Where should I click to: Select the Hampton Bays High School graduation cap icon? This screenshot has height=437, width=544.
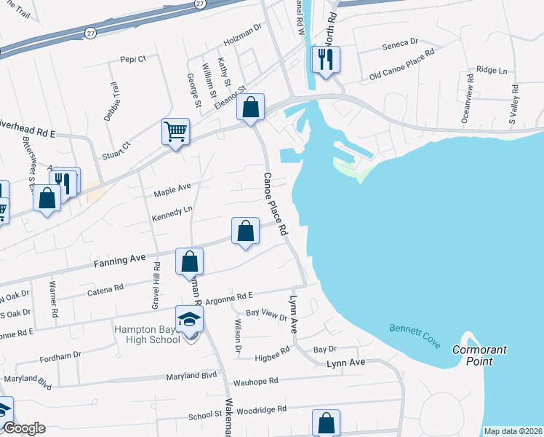190,319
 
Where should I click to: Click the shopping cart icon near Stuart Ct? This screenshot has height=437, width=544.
175,133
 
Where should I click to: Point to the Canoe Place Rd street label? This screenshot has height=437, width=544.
276,203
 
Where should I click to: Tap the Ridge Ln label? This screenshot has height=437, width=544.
492,70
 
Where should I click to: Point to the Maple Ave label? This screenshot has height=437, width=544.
172,191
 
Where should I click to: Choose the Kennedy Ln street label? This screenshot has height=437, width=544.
172,213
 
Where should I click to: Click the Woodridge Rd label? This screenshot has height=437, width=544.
252,411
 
